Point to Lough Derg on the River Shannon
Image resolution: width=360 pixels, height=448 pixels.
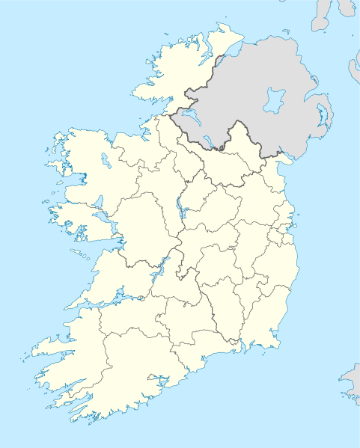156,270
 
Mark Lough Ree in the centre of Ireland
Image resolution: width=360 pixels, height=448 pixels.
180,210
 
